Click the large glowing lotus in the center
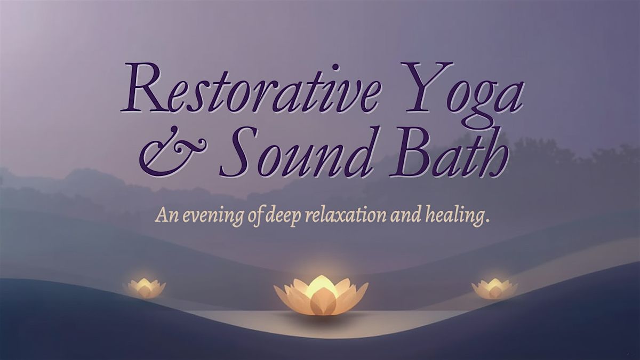(x=321, y=296)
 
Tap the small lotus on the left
(x=144, y=287)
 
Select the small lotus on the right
(x=494, y=289)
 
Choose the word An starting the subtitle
(x=164, y=217)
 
